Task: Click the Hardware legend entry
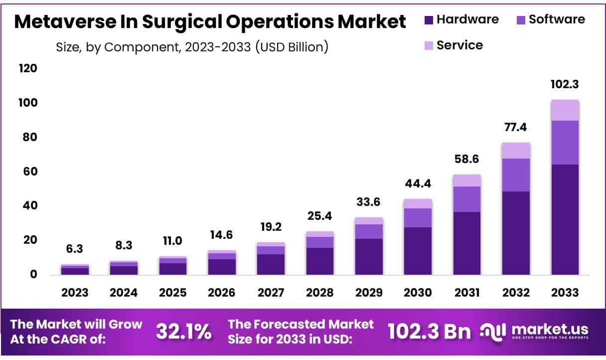click(x=461, y=19)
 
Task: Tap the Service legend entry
click(x=453, y=45)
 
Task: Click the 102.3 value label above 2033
click(x=565, y=84)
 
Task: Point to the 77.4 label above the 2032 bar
click(x=516, y=127)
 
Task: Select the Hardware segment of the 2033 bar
click(x=565, y=219)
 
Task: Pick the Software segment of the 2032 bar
click(x=516, y=175)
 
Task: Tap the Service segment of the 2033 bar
click(x=565, y=110)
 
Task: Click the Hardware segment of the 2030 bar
click(x=418, y=251)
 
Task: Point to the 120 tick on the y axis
click(x=28, y=68)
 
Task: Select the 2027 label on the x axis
click(x=271, y=292)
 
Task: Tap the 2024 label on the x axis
click(x=124, y=292)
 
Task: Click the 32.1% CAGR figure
click(x=183, y=332)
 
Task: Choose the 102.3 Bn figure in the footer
click(x=429, y=332)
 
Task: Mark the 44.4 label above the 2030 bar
click(x=418, y=183)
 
